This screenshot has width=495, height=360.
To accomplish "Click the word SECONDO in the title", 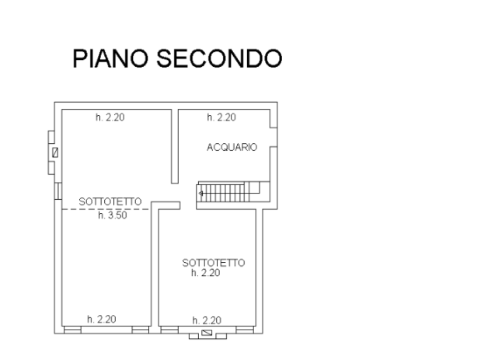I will coord(218,58).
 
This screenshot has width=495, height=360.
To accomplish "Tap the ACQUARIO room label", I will coord(232,147).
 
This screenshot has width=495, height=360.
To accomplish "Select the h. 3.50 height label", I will coord(113,216).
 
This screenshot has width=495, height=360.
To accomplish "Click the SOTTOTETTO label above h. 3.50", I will coord(110,203).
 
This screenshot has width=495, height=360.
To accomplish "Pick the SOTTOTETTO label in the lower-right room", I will coord(214,264).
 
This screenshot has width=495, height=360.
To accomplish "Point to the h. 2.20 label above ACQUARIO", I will coord(221,118).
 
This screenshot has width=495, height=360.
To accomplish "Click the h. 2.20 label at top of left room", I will coord(110,118).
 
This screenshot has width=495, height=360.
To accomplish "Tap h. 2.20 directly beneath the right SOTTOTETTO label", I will coord(206,274).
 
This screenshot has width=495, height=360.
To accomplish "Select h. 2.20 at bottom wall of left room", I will coord(101,319).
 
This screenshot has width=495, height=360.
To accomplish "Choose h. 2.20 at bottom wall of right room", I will coord(207,319).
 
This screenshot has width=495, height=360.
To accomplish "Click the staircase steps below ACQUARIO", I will coord(221,191).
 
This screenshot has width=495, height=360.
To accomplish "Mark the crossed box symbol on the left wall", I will coord(54,152).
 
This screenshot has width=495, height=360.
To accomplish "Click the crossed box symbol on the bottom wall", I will coord(207,334).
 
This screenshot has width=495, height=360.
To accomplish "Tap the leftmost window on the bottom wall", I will coord(71,329).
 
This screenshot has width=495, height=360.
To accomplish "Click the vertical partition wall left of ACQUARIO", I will coord(175,147).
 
